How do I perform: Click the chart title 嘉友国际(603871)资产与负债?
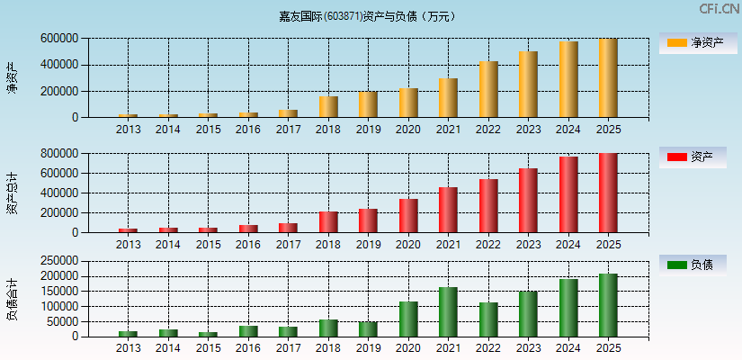366,16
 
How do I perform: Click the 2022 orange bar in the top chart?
488,89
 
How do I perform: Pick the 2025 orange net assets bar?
608,78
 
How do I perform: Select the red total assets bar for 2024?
568,194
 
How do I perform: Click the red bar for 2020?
408,216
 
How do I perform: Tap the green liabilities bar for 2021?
448,312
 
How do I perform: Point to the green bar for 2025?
608,305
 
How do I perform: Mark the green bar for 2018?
328,328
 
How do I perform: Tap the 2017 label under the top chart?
288,130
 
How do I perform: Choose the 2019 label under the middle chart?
368,245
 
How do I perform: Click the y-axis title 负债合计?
13,299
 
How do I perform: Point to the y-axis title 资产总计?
13,193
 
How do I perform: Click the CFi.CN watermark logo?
719,9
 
